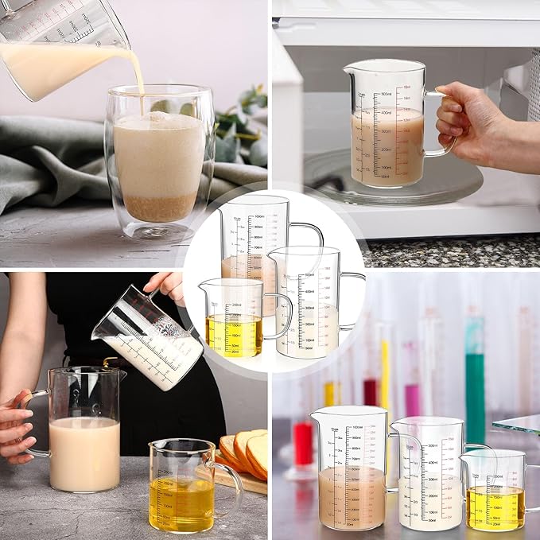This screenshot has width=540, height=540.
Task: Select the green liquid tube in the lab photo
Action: click(x=475, y=382)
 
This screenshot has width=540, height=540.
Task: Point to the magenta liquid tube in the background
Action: click(x=411, y=390)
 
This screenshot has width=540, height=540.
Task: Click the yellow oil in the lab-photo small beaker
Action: click(x=495, y=507)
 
